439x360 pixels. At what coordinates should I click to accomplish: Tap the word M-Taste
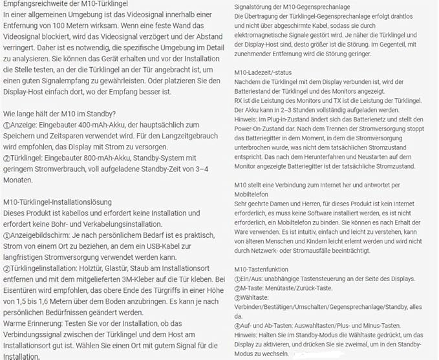click(x=252, y=288)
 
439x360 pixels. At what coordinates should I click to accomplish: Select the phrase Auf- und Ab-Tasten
click(x=266, y=317)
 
